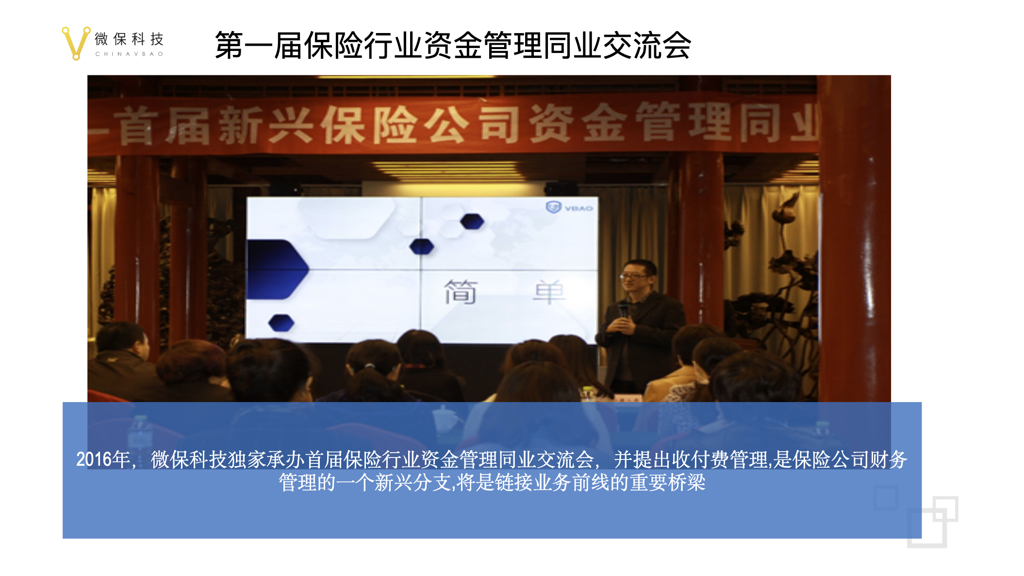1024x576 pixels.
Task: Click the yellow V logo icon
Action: [76, 43]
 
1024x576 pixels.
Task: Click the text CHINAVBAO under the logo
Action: [129, 54]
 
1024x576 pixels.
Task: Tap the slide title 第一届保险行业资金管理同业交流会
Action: [453, 46]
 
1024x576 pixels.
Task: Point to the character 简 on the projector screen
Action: [461, 292]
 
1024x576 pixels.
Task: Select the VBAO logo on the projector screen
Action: [569, 207]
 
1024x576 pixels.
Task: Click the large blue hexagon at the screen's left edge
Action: [277, 269]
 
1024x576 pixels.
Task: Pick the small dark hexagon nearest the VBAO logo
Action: [472, 221]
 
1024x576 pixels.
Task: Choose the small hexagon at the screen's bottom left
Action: [281, 323]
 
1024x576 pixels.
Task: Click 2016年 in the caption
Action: [103, 459]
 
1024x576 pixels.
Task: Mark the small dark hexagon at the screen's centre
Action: [422, 247]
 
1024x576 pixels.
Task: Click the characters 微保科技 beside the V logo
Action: [129, 39]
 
